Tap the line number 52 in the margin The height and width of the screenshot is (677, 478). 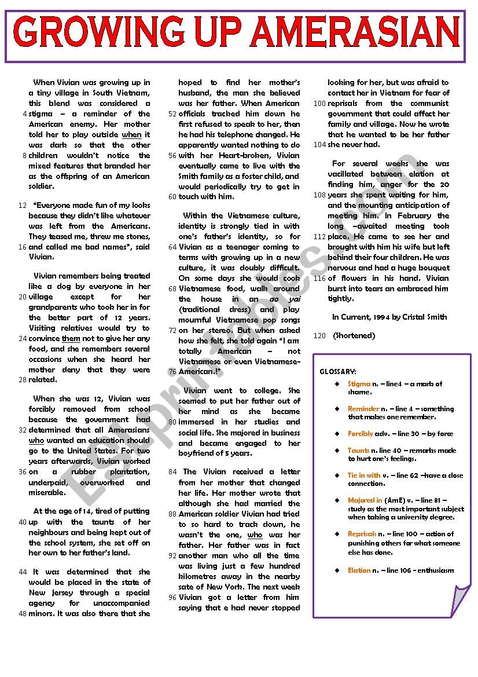coord(172,114)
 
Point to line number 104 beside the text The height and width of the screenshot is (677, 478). coord(319,145)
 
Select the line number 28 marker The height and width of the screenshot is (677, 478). coord(23,380)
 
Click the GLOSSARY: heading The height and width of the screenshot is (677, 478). coord(338,371)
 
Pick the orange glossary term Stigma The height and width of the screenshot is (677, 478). coord(359,384)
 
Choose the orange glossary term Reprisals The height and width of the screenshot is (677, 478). coord(362,534)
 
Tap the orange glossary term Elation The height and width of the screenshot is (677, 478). coord(359,570)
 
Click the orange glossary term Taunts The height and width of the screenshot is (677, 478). coord(358,451)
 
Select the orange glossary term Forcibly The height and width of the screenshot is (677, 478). coord(360,434)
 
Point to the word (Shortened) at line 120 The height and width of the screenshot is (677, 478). coord(354,336)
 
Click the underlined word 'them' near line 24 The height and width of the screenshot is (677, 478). coord(71,339)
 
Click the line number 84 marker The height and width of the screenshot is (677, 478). coord(172,472)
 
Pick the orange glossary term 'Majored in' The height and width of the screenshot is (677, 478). coord(365,500)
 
